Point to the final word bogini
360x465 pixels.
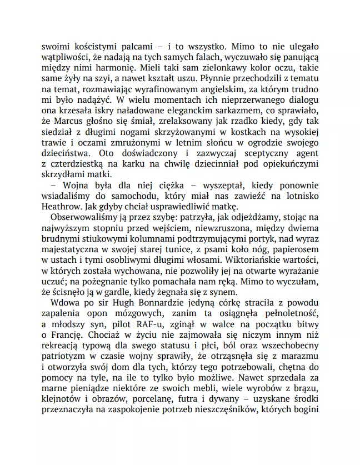302,412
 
